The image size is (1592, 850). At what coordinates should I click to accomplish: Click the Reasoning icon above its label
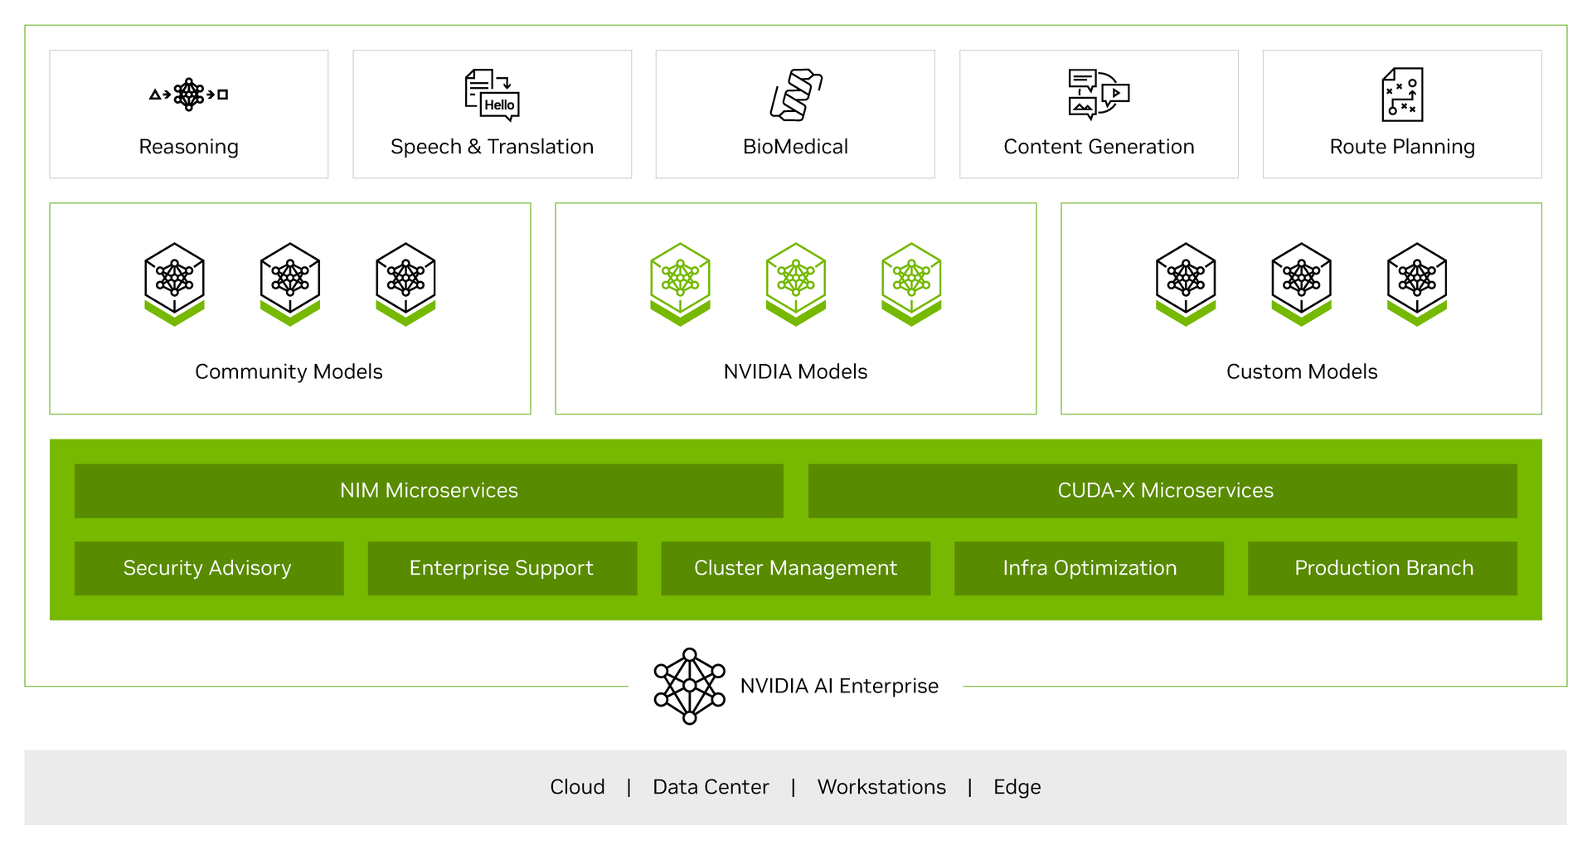pyautogui.click(x=188, y=95)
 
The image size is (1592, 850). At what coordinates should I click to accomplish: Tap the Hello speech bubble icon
pyautogui.click(x=492, y=95)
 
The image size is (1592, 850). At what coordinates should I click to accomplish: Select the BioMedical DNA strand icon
pyautogui.click(x=796, y=95)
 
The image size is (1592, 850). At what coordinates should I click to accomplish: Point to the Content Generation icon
pyautogui.click(x=1099, y=95)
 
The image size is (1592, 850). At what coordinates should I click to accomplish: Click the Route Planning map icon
pyautogui.click(x=1402, y=95)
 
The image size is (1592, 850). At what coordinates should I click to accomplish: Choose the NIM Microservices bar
pyautogui.click(x=429, y=491)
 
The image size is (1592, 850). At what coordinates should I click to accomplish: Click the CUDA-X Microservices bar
pyautogui.click(x=1162, y=491)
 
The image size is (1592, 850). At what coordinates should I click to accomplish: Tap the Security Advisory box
pyautogui.click(x=209, y=568)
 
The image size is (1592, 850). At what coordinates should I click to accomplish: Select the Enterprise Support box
pyautogui.click(x=502, y=568)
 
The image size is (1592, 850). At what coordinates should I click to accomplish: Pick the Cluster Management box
pyautogui.click(x=796, y=568)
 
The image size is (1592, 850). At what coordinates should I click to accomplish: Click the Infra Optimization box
pyautogui.click(x=1090, y=568)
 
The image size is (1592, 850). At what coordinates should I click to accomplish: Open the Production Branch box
pyautogui.click(x=1382, y=568)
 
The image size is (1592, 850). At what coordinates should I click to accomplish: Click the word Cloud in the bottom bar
pyautogui.click(x=577, y=787)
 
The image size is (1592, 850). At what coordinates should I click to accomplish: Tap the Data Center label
pyautogui.click(x=711, y=787)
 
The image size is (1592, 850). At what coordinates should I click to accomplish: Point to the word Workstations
pyautogui.click(x=881, y=787)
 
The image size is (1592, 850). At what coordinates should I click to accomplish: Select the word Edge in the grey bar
pyautogui.click(x=1017, y=787)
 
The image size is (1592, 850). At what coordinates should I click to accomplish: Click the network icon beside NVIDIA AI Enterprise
pyautogui.click(x=689, y=687)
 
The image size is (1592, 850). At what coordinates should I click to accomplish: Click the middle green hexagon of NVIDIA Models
pyautogui.click(x=796, y=284)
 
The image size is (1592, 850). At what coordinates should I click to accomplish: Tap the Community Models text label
pyautogui.click(x=289, y=372)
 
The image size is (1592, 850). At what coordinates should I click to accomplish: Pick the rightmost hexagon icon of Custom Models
pyautogui.click(x=1417, y=284)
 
